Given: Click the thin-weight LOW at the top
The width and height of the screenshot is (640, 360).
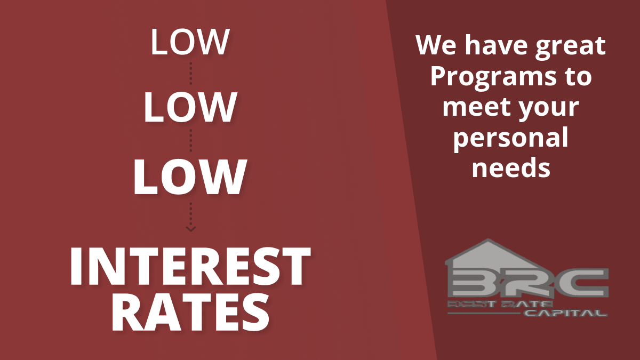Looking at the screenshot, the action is [190, 42].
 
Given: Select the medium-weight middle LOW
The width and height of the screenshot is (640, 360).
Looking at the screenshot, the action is [190, 107].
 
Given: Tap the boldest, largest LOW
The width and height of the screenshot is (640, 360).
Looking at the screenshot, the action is [190, 177].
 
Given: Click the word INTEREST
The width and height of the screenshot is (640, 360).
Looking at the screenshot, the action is [190, 266].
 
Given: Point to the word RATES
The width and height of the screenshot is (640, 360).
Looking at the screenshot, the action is [190, 313].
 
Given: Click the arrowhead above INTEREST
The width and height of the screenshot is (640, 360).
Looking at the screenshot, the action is [190, 229].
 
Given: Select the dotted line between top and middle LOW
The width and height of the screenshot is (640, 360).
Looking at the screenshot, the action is [191, 74].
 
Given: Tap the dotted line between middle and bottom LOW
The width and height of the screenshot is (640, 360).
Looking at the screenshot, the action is [191, 141].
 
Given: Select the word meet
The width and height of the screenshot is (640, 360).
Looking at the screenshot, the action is [477, 107].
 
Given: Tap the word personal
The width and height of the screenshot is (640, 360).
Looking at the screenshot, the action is [511, 139].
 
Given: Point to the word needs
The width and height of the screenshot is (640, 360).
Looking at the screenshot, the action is [511, 167].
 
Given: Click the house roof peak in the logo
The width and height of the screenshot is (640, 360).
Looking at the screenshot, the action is [488, 239].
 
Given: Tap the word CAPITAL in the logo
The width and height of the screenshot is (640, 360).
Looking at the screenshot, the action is [566, 313].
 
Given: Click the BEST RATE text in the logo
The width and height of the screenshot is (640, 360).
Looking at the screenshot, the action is [500, 304].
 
